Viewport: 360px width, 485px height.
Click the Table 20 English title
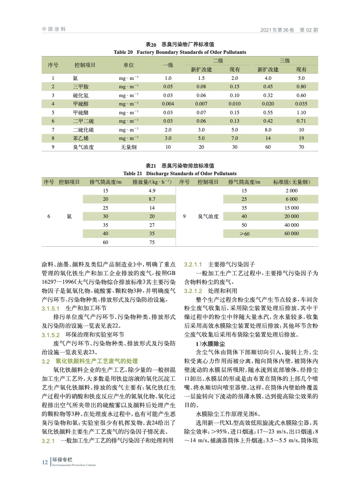point(180,52)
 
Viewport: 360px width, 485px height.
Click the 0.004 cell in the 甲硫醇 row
point(168,104)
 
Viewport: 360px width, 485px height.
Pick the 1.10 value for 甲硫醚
point(301,113)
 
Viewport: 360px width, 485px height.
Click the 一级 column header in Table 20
point(168,65)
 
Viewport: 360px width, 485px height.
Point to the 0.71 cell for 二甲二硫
point(301,121)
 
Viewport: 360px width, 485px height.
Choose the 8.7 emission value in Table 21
point(152,199)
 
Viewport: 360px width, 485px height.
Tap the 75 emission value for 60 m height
point(152,242)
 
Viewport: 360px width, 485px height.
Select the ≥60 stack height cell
point(244,233)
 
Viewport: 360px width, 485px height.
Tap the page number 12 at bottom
point(45,462)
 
